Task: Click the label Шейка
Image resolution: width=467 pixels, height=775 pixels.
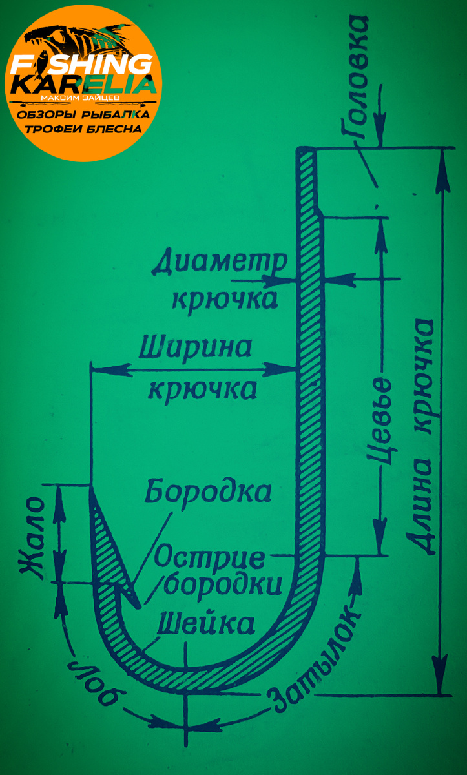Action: pos(205,625)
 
